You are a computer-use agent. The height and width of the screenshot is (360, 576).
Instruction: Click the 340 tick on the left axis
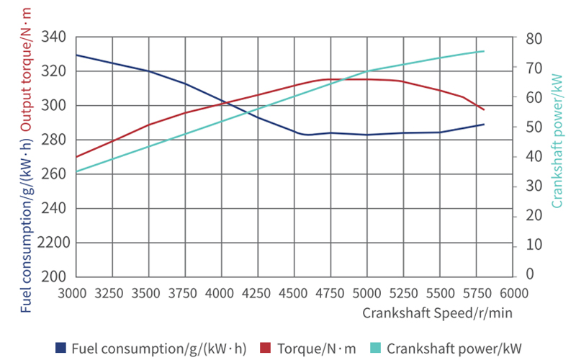(55, 37)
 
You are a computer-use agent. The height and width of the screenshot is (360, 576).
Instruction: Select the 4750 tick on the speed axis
(330, 294)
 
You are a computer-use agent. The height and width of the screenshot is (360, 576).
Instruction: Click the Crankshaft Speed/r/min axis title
(437, 313)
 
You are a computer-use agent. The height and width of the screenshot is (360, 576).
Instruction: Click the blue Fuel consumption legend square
(61, 348)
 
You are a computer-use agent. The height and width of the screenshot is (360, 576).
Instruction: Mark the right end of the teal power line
(484, 51)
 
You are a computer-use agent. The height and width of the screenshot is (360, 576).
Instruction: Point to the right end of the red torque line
(484, 109)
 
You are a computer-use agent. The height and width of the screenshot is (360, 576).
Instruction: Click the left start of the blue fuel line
(76, 55)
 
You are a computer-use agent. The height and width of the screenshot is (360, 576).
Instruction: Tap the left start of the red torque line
(76, 156)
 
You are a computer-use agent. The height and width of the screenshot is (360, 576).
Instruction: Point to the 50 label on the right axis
(534, 127)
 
